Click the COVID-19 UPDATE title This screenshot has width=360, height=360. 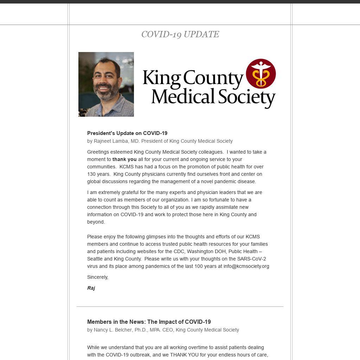[x=180, y=34]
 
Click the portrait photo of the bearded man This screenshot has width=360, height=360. [x=106, y=84]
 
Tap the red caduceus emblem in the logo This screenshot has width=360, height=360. [x=261, y=73]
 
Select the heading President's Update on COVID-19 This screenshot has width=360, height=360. [x=127, y=133]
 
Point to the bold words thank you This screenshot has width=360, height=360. [x=124, y=159]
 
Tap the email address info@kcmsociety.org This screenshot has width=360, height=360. [x=246, y=266]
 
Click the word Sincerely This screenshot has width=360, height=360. [x=97, y=277]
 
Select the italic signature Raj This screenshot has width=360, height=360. [x=91, y=288]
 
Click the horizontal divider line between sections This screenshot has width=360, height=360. [x=180, y=307]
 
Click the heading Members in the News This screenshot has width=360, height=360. [x=149, y=322]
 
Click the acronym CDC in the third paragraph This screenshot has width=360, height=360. [x=179, y=251]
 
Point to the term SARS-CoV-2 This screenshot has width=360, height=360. [x=251, y=259]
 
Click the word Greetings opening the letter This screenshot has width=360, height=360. [x=98, y=152]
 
